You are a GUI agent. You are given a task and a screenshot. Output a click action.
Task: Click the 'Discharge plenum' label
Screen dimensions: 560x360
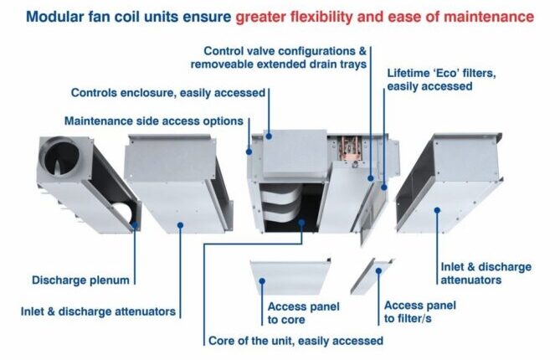tap(80, 280)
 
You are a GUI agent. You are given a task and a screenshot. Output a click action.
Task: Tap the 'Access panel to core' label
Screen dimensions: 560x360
tap(304, 313)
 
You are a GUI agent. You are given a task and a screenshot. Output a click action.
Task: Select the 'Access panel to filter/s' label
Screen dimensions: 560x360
tap(420, 311)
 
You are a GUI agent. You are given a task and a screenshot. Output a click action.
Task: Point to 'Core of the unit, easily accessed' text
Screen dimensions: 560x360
tap(295, 341)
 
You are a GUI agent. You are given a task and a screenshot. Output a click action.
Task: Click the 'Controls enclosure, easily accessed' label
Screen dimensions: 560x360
tap(168, 93)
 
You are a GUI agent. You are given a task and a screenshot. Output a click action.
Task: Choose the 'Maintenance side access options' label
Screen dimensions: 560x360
tap(154, 121)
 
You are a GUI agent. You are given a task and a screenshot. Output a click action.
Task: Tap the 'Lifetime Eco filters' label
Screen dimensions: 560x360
tap(441, 80)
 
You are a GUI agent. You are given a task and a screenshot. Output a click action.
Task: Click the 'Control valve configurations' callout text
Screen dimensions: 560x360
tap(279, 58)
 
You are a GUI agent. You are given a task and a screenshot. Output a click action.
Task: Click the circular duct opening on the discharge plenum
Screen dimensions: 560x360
tap(61, 158)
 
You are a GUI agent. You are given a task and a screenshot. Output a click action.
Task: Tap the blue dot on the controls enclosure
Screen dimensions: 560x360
tap(269, 136)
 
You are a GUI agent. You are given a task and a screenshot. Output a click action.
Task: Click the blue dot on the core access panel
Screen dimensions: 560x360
tap(262, 281)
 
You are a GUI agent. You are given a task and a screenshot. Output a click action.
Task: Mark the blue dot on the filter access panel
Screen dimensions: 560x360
tap(378, 271)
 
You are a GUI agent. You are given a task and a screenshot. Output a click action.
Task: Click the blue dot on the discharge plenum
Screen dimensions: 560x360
tap(135, 225)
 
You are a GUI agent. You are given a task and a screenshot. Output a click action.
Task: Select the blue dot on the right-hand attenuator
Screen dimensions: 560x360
tap(437, 210)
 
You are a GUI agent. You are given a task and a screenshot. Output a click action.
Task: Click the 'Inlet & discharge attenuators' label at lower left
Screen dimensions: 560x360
tap(98, 311)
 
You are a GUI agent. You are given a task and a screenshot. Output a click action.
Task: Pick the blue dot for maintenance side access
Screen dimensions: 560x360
tap(249, 152)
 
